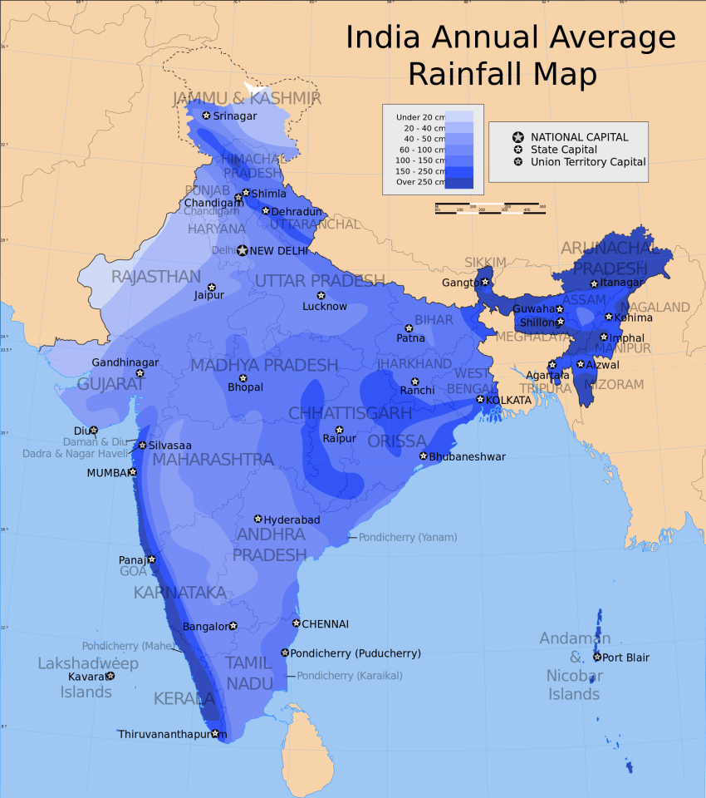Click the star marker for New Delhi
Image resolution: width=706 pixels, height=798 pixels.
pyautogui.click(x=242, y=250)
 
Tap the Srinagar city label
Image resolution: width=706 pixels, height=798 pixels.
pyautogui.click(x=235, y=116)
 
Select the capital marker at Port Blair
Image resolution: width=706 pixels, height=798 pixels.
pyautogui.click(x=597, y=657)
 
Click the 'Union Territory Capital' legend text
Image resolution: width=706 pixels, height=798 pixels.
pyautogui.click(x=588, y=162)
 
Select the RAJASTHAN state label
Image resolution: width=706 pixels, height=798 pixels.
pyautogui.click(x=156, y=276)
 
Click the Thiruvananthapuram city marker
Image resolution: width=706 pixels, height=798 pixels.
pyautogui.click(x=215, y=733)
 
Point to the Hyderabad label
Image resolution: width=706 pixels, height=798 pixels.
pyautogui.click(x=292, y=520)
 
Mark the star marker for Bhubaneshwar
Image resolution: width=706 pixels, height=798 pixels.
pyautogui.click(x=423, y=456)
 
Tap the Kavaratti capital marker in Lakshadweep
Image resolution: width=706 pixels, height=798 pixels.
pyautogui.click(x=110, y=676)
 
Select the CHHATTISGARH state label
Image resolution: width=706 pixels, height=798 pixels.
pyautogui.click(x=350, y=413)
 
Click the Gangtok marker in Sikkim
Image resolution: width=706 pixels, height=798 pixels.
pyautogui.click(x=485, y=282)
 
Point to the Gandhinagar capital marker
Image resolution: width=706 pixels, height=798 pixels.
pyautogui.click(x=140, y=373)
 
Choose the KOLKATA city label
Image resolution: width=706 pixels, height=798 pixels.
pyautogui.click(x=508, y=400)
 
